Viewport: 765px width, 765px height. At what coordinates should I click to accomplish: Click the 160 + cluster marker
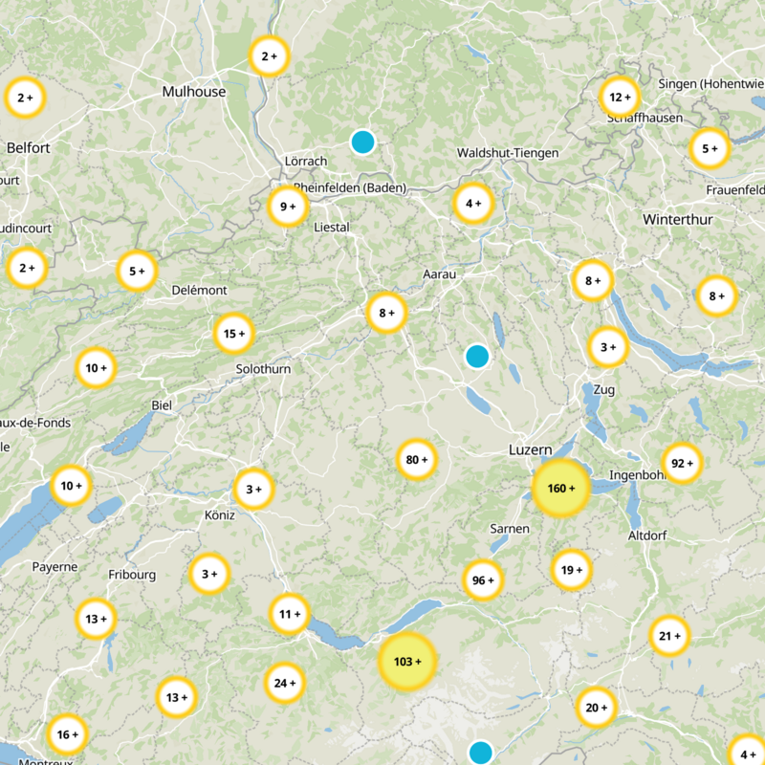(560, 489)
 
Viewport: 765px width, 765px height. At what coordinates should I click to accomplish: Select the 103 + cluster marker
(407, 662)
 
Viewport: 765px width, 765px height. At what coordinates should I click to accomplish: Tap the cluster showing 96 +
(483, 579)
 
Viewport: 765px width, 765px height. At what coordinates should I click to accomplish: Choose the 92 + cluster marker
(683, 464)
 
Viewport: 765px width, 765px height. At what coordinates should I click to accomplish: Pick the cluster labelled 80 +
(417, 460)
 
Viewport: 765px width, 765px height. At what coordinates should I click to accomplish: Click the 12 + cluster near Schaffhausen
(620, 97)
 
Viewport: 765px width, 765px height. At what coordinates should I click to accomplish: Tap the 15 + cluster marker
(234, 334)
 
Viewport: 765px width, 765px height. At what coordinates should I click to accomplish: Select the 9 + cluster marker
(287, 206)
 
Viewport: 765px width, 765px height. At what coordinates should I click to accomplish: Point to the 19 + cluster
(572, 570)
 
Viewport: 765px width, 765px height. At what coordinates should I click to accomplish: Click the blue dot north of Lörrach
(361, 142)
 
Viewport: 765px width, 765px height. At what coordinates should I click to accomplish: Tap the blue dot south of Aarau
(476, 357)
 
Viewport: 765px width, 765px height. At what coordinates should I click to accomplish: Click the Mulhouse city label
(194, 92)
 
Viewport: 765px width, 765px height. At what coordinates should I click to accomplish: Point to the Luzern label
(530, 449)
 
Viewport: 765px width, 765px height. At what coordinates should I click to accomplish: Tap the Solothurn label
(263, 368)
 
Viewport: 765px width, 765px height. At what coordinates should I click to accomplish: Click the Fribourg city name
(132, 575)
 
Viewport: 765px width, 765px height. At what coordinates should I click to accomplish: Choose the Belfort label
(28, 148)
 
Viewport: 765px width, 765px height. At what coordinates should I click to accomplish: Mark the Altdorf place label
(647, 535)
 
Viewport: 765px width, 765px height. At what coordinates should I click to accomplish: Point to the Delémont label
(199, 290)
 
